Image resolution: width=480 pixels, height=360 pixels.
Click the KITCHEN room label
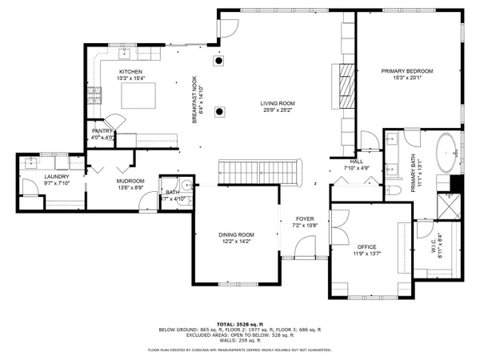130,71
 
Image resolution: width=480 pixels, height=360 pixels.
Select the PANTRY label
102,131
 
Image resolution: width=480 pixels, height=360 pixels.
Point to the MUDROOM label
130,182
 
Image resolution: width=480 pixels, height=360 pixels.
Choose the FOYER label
306,218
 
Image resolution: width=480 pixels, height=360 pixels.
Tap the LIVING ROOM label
277,102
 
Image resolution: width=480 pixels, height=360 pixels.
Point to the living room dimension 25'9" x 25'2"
277,110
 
